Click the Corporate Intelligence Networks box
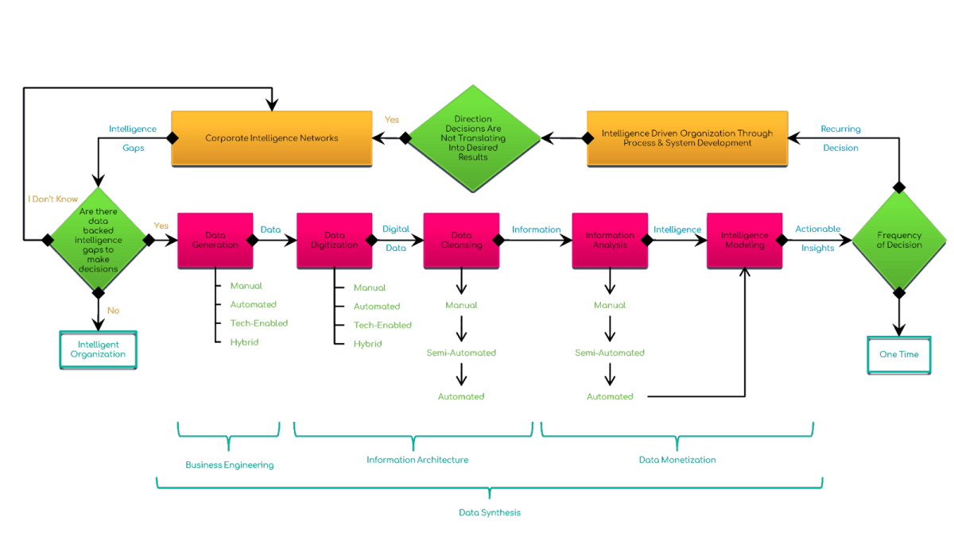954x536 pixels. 272,137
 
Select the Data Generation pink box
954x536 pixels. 215,240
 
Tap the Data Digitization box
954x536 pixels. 335,240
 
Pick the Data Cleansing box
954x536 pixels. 461,240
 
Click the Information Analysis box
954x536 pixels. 610,240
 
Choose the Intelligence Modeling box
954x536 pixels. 744,240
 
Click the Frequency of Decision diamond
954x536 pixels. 899,240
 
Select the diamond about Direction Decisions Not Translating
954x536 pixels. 473,138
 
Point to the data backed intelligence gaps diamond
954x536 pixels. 99,240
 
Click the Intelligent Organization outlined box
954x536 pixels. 99,349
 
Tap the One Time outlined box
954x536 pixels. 898,354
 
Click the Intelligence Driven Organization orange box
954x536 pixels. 687,138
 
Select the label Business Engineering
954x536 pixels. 230,465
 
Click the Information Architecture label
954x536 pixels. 417,460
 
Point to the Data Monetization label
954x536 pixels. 677,460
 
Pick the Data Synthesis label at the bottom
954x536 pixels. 490,512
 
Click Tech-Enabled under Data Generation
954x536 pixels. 258,323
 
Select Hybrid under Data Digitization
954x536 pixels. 368,344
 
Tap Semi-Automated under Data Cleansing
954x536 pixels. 461,353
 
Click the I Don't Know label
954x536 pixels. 53,199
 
